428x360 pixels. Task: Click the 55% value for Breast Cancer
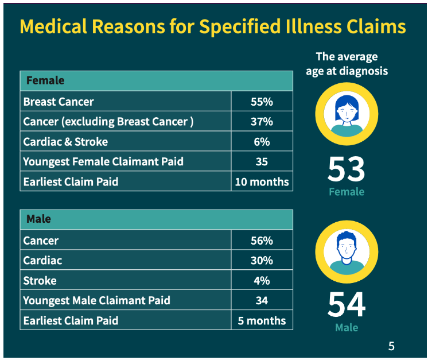[262, 102]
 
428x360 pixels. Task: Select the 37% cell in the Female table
[262, 122]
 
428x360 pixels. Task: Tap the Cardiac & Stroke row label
[65, 142]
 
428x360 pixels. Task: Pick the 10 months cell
[262, 182]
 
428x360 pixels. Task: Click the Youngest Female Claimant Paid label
[103, 162]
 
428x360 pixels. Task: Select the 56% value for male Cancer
[262, 241]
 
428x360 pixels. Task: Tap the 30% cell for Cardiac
[262, 260]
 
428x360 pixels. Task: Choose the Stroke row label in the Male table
[40, 280]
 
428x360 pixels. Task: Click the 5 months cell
[262, 320]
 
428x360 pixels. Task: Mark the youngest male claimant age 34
[262, 300]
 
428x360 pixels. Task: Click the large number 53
[346, 169]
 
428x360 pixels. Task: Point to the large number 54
[346, 305]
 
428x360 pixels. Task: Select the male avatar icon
[347, 251]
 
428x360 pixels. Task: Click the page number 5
[391, 346]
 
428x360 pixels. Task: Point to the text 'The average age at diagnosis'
[347, 64]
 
